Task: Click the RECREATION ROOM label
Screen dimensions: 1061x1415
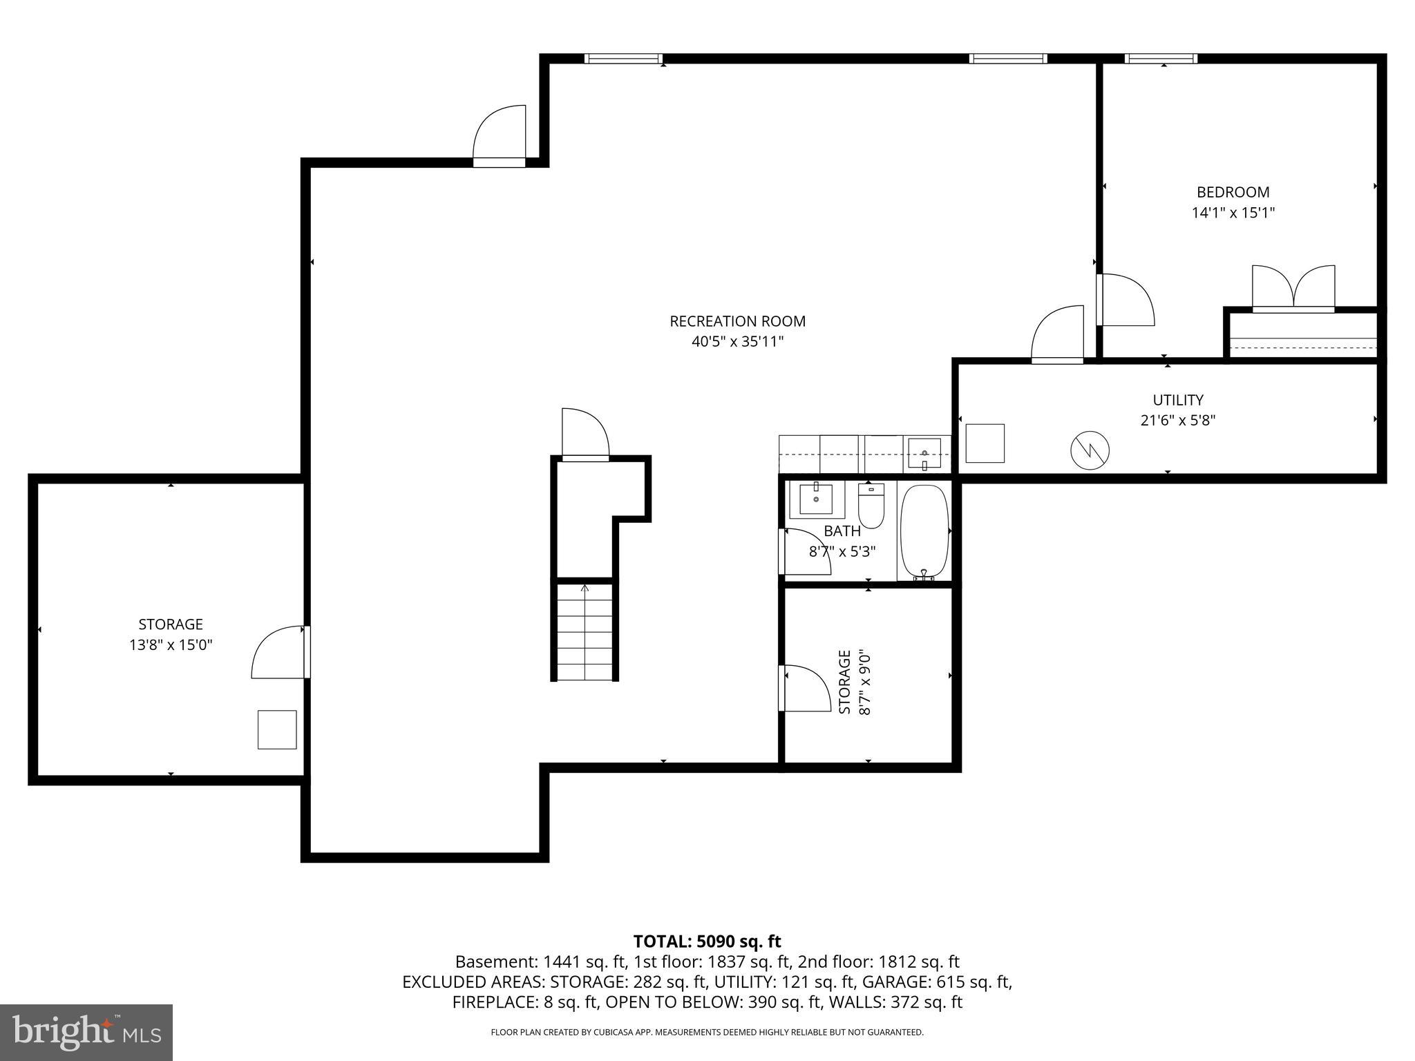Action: pyautogui.click(x=737, y=321)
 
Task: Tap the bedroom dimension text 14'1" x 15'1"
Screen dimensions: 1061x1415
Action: pyautogui.click(x=1233, y=213)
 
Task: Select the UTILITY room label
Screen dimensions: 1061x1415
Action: pyautogui.click(x=1177, y=400)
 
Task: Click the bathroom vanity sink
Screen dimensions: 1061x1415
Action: pyautogui.click(x=816, y=498)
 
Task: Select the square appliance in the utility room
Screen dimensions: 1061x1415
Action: pyautogui.click(x=984, y=443)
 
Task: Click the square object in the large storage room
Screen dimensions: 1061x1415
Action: pyautogui.click(x=277, y=729)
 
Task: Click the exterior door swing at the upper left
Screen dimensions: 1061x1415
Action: pyautogui.click(x=500, y=136)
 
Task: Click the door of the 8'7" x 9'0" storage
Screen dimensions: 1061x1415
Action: pyautogui.click(x=804, y=687)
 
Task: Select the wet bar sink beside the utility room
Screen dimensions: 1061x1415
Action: pyautogui.click(x=924, y=454)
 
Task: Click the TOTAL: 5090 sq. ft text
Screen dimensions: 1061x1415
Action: pyautogui.click(x=707, y=941)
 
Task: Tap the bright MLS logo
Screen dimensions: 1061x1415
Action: pyautogui.click(x=86, y=1032)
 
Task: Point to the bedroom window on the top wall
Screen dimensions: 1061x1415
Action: pyautogui.click(x=1161, y=59)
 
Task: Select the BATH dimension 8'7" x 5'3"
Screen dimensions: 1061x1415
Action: pyautogui.click(x=842, y=552)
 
